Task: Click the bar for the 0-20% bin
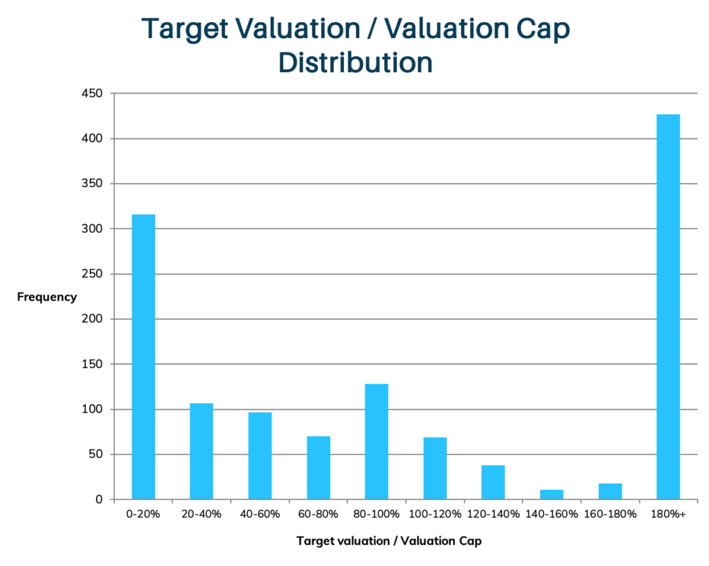pos(143,357)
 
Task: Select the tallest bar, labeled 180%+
pos(668,306)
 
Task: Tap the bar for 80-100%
pos(377,441)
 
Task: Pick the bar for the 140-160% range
pos(552,494)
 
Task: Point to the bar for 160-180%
pos(610,491)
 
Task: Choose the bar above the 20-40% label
pos(201,451)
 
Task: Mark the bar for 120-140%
pos(493,481)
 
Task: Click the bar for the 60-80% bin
pos(318,468)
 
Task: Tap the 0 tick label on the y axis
pos(99,499)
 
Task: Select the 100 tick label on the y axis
pos(93,409)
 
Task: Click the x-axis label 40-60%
pos(260,514)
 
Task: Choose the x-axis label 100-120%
pos(435,514)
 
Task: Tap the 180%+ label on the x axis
pos(668,514)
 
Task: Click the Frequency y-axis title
pos(46,297)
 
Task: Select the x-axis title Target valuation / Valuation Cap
pos(388,541)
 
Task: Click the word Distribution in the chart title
pos(355,62)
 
